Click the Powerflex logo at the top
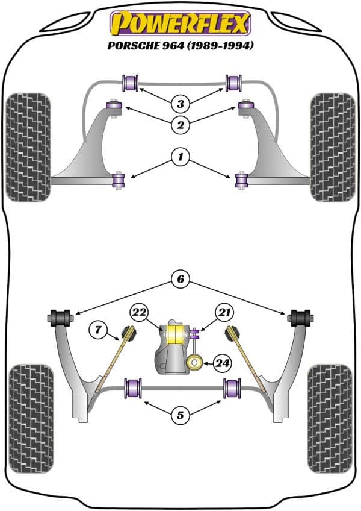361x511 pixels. click(180, 23)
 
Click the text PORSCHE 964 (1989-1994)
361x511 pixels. click(180, 45)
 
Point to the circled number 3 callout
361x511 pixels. click(179, 103)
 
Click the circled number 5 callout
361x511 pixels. click(179, 415)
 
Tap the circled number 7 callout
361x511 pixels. click(98, 330)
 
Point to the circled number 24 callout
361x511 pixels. click(222, 363)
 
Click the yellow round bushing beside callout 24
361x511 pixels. click(194, 363)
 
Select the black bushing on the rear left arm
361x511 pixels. click(60, 316)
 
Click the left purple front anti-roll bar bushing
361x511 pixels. click(131, 81)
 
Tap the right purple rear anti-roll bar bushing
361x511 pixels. click(231, 387)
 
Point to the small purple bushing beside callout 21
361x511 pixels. click(194, 333)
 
